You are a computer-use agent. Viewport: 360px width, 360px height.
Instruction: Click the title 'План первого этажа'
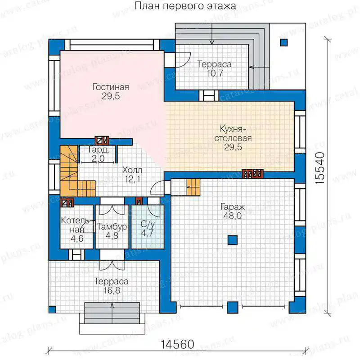185,6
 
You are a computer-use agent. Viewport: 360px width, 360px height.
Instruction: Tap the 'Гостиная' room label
111,87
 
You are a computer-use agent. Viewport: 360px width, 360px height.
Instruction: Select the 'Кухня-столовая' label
233,134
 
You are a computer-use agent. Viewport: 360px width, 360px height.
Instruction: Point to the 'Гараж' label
233,207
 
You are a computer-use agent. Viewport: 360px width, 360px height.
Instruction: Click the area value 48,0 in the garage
233,216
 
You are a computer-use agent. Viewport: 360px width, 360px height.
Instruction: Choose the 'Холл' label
132,171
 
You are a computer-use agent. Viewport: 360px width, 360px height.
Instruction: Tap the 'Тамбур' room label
112,227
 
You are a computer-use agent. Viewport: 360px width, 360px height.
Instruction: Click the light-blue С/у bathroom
148,227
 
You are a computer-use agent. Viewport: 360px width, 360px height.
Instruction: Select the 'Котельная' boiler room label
76,225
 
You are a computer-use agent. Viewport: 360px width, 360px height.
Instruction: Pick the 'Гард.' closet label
98,150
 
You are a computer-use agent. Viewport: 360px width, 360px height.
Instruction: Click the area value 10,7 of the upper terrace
215,73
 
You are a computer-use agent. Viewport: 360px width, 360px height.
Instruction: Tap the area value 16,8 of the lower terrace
112,290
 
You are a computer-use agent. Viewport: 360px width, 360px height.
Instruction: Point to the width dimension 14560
177,344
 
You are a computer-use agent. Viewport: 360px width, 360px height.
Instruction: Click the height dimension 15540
320,168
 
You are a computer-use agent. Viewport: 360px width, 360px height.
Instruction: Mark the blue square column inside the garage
232,240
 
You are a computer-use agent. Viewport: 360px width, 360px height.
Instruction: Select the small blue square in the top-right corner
284,43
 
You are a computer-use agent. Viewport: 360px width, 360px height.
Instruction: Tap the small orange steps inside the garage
193,187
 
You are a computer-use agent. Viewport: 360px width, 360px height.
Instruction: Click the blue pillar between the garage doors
233,308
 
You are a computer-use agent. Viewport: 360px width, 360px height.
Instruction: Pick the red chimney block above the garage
252,174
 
